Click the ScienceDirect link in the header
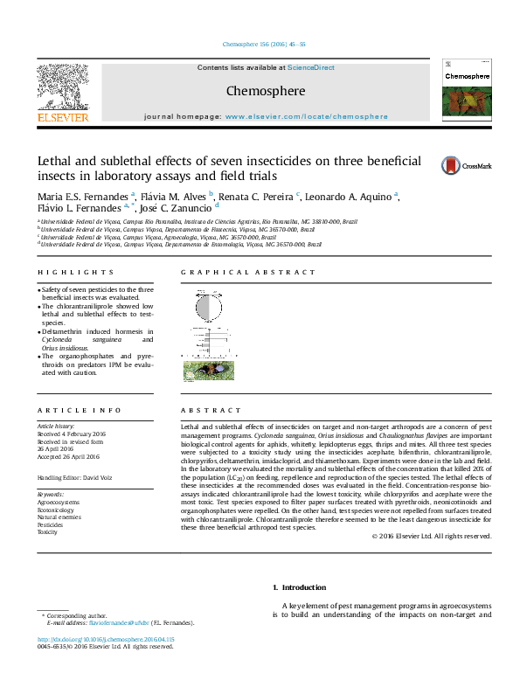pos(311,67)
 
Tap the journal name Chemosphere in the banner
pos(253,90)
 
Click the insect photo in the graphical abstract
pos(209,371)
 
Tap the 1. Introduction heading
pos(300,587)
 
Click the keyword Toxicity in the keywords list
pos(47,531)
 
